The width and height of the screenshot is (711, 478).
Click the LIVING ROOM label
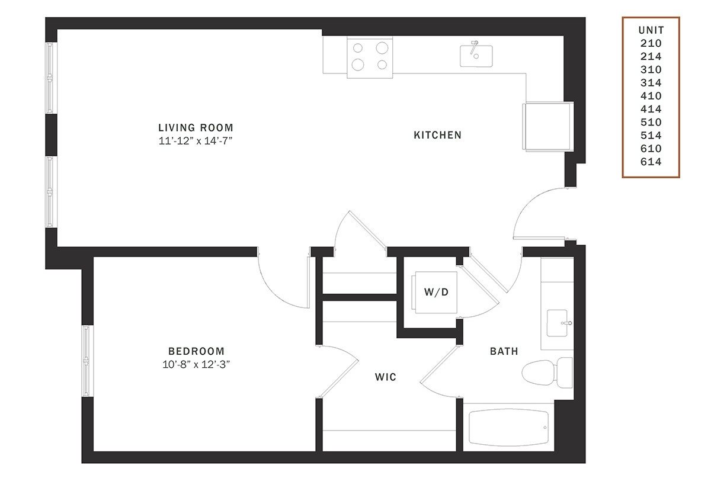click(x=196, y=127)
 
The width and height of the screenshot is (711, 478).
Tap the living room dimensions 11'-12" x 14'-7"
click(x=196, y=140)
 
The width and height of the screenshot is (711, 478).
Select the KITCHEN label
click(x=437, y=135)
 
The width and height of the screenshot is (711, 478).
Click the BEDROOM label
click(x=196, y=351)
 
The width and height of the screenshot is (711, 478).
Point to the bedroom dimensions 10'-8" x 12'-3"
click(x=196, y=364)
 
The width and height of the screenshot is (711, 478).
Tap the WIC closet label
click(x=385, y=377)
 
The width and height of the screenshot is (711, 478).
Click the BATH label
click(x=504, y=351)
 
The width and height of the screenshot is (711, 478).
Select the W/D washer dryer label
click(x=437, y=292)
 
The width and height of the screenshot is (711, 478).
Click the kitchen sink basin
click(x=476, y=56)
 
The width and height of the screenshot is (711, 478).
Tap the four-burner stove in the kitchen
click(x=370, y=57)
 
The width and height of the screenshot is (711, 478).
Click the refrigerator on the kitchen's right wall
click(x=548, y=126)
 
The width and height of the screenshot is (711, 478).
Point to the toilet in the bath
click(x=547, y=373)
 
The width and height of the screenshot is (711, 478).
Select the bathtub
click(x=508, y=427)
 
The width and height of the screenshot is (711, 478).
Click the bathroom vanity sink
click(x=558, y=323)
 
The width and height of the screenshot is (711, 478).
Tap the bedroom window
click(x=87, y=361)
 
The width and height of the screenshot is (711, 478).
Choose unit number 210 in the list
click(x=651, y=43)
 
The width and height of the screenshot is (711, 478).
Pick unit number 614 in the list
click(x=651, y=162)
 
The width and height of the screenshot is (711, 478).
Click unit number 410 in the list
click(x=651, y=96)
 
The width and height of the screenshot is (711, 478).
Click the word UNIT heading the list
click(x=651, y=30)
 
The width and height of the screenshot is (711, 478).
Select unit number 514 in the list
click(x=651, y=135)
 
